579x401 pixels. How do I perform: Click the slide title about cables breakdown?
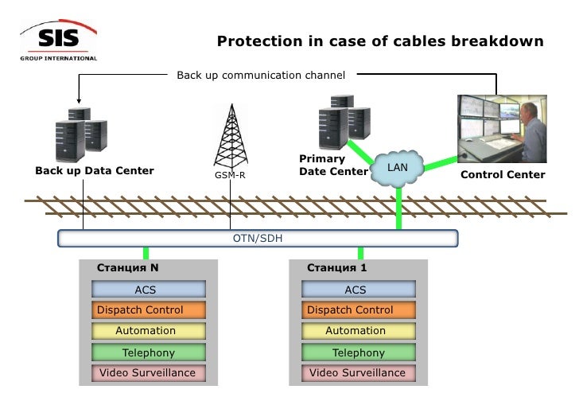[x=380, y=41]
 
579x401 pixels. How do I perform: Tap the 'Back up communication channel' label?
[x=261, y=76]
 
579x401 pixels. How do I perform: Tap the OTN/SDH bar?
[x=258, y=238]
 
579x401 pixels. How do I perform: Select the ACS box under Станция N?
[x=148, y=290]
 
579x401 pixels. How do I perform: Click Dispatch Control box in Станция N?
[x=148, y=310]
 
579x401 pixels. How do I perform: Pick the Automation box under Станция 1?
[x=357, y=331]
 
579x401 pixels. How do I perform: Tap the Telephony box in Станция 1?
[x=357, y=352]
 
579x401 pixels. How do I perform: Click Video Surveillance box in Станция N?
[x=148, y=372]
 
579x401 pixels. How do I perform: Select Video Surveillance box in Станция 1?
[x=357, y=372]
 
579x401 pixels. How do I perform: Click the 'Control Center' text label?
[x=503, y=174]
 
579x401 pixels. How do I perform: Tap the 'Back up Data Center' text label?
[x=94, y=170]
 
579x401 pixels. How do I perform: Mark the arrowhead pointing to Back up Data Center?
[x=79, y=101]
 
